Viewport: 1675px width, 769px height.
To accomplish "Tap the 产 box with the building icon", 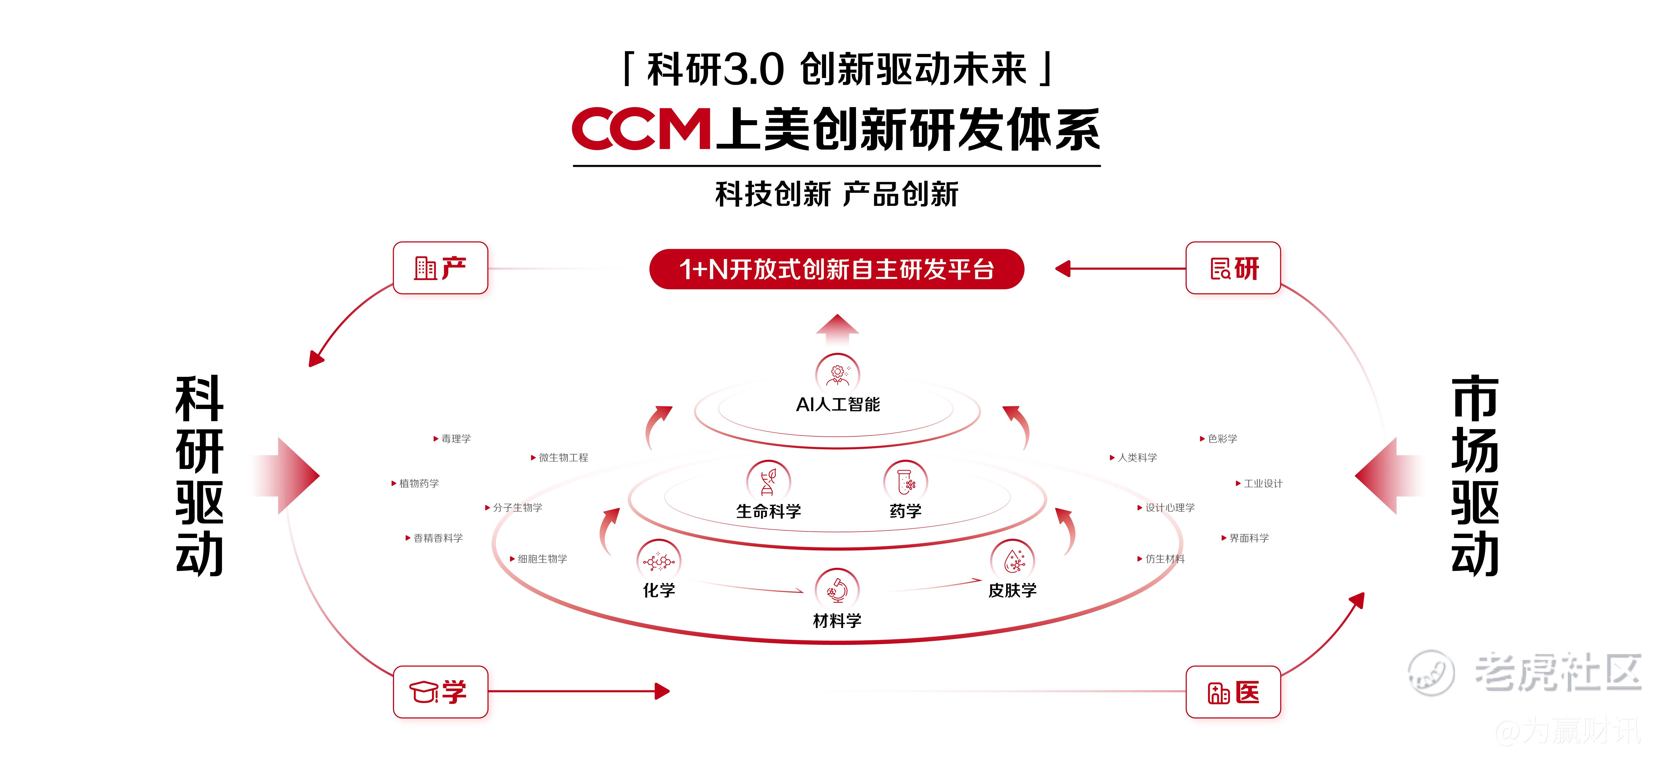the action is tap(440, 268).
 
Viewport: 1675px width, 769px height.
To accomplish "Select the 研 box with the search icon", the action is tap(1233, 268).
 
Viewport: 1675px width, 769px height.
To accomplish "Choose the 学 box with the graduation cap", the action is tap(440, 692).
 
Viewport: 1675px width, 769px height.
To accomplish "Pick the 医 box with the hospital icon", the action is tap(1233, 692).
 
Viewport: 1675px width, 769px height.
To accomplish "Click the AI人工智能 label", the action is tap(837, 404).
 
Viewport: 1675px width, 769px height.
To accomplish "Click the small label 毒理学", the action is tap(456, 439).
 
